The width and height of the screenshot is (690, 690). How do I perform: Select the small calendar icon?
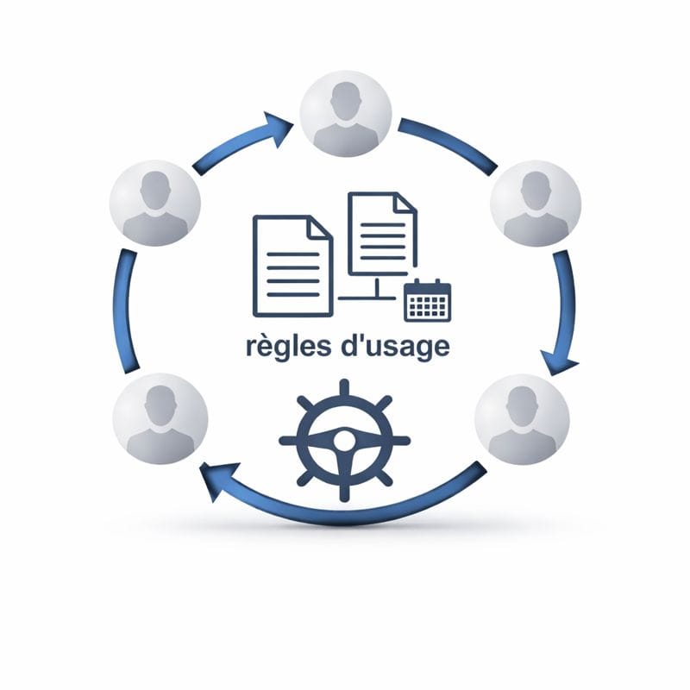tap(428, 300)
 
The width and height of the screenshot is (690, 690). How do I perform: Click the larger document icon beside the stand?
tap(292, 265)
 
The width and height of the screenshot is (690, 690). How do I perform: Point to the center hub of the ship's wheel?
tap(343, 440)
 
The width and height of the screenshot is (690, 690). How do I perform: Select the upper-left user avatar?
tap(155, 204)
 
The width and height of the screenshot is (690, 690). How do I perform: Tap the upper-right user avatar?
tap(536, 204)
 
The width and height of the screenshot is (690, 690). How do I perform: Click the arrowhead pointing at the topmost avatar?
tap(279, 129)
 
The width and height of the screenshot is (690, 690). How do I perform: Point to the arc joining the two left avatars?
tap(126, 310)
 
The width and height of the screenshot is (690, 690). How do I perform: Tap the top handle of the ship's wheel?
tap(343, 386)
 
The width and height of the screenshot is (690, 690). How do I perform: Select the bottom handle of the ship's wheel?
tap(343, 493)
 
